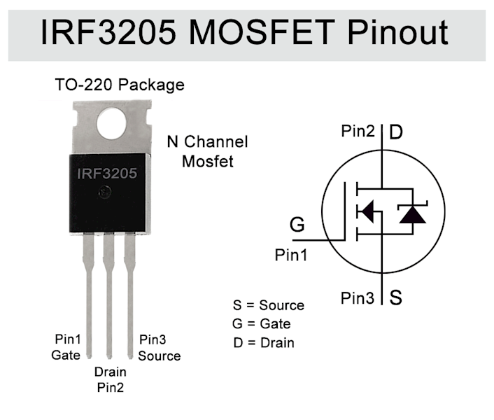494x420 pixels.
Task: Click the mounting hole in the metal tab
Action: pos(111,123)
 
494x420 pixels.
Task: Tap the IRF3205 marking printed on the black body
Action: pos(107,174)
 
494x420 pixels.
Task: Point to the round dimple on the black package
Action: pos(105,192)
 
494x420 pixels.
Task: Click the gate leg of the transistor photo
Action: pos(89,295)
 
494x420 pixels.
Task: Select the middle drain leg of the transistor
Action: pos(109,295)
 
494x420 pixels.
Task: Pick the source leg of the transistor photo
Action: pos(130,295)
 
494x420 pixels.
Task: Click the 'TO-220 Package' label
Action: pos(120,85)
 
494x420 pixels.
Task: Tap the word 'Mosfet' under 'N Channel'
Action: pos(208,161)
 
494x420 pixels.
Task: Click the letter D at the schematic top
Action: pos(396,132)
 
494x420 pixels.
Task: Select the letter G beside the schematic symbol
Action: pos(297,224)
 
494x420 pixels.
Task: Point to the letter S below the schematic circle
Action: pos(396,297)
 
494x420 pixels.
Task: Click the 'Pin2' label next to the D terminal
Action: pos(358,131)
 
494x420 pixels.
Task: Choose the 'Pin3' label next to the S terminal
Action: pos(358,297)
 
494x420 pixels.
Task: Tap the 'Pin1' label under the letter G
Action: pos(291,255)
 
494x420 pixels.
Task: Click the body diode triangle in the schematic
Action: pos(412,215)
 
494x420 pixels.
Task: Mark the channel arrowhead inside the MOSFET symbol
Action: pos(367,211)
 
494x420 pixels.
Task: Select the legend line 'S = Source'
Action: pos(269,305)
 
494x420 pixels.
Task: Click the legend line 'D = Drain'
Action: pos(264,343)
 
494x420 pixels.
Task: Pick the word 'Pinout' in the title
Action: pos(397,32)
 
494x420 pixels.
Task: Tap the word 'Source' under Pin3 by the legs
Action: pos(160,356)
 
